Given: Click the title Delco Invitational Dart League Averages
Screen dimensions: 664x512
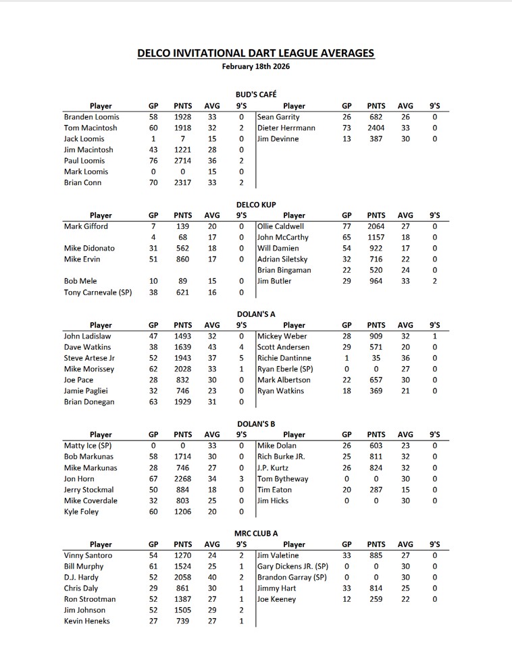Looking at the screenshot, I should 256,53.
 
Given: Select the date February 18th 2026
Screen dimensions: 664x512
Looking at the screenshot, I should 256,66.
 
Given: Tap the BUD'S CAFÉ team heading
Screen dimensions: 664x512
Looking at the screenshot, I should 256,95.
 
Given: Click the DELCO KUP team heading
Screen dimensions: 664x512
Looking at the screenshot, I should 256,204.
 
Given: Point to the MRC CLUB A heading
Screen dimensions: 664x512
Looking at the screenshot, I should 256,533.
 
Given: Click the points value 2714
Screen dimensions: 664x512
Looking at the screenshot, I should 182,161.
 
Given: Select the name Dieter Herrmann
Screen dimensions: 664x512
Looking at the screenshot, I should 286,128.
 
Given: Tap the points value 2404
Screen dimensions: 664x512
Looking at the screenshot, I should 376,128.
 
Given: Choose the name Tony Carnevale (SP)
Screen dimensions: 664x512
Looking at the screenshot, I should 98,292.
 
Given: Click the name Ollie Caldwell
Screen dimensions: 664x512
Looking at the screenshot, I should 281,226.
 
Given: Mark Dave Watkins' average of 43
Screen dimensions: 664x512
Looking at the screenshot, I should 212,347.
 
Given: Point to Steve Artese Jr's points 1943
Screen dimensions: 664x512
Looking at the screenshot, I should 182,358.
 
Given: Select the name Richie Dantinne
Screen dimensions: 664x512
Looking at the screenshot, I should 284,358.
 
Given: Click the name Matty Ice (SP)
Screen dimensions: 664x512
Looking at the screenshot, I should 87,446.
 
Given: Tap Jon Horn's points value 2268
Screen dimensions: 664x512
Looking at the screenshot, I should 182,479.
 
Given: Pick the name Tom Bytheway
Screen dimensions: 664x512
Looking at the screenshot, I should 283,479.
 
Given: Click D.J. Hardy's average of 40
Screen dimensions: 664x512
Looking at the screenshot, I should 212,578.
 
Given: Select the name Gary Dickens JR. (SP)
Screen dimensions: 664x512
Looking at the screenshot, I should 292,566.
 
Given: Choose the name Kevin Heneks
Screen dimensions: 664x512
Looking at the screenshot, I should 86,621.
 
